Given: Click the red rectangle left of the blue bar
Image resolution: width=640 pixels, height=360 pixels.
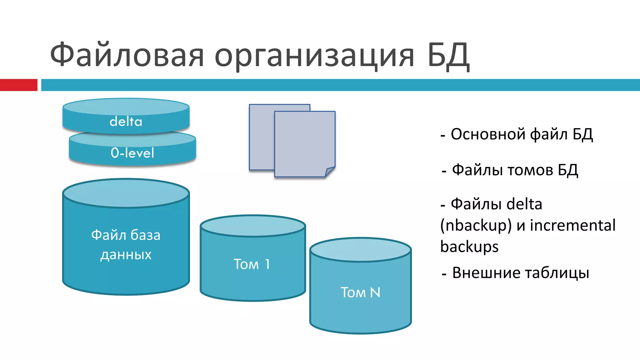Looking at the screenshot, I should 18,85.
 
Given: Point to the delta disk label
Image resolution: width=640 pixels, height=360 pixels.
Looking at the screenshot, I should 126,121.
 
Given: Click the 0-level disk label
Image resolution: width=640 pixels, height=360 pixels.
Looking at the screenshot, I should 132,153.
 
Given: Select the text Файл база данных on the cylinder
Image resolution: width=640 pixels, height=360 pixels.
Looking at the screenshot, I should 126,244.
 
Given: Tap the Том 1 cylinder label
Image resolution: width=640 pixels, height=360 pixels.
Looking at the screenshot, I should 252,264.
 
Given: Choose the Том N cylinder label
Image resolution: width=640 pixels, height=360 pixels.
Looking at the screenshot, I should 360,292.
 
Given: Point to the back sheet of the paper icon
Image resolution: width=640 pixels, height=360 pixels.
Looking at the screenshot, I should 261,137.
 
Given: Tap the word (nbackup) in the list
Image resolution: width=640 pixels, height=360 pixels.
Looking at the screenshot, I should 476,225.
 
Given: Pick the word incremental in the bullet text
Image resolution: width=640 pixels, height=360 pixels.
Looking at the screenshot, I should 573,225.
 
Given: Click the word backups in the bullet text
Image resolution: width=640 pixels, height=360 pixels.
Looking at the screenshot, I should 469,247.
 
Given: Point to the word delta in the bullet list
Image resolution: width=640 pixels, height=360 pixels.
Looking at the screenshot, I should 524,204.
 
